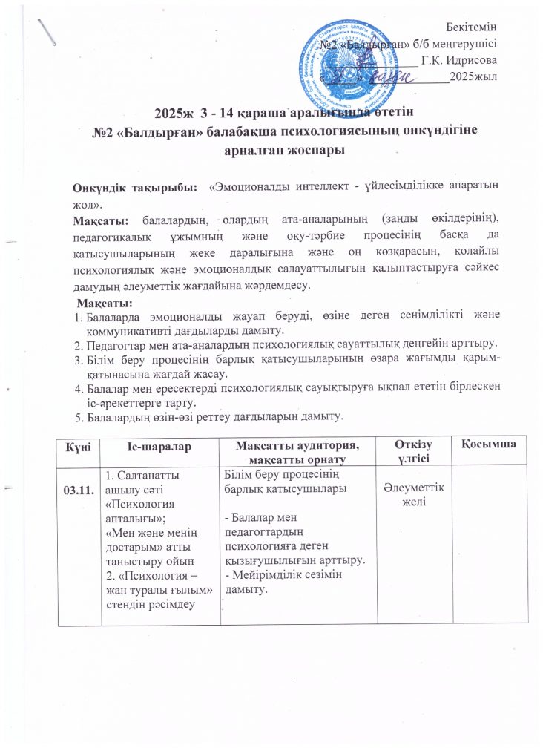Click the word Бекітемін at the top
point(475,27)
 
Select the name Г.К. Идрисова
point(459,59)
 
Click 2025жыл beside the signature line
point(473,76)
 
